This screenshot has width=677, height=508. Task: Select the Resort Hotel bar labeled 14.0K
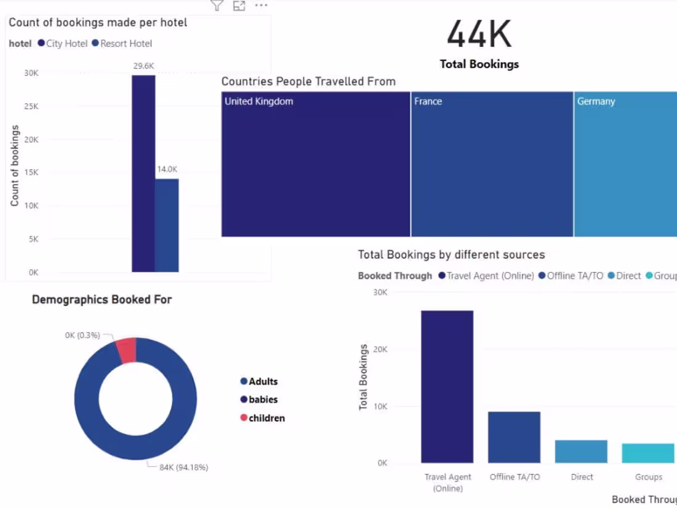[167, 225]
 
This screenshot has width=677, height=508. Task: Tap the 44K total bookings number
[479, 34]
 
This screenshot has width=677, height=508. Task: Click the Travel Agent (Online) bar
[447, 387]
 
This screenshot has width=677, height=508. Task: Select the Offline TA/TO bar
[515, 437]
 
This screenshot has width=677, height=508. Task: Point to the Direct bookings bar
[581, 451]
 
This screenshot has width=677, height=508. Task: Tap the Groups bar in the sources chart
[648, 453]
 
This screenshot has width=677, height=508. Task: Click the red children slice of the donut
[127, 350]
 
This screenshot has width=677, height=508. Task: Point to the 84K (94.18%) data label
[183, 467]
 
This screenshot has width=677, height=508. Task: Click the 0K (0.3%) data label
[82, 335]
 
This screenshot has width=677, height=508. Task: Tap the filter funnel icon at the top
[217, 6]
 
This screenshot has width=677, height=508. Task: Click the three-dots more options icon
[261, 6]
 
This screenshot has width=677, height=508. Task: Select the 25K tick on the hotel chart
[31, 107]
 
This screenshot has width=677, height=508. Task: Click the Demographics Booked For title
[102, 300]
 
